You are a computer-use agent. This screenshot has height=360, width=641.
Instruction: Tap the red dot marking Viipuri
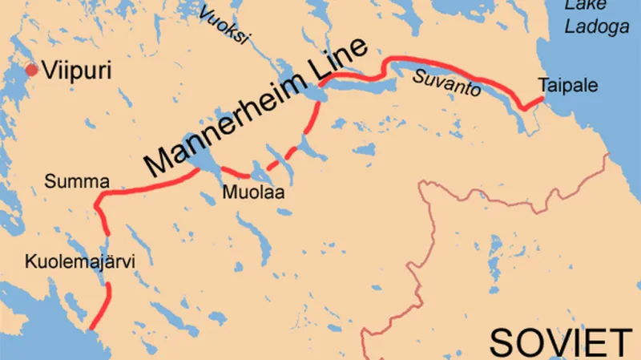pyautogui.click(x=31, y=70)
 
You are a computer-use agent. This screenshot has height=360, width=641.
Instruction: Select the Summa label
pyautogui.click(x=76, y=182)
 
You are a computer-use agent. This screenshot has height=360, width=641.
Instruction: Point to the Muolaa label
pyautogui.click(x=254, y=193)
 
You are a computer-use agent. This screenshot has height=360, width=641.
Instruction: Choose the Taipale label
pyautogui.click(x=568, y=85)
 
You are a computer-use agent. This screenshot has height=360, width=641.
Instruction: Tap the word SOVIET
pyautogui.click(x=561, y=342)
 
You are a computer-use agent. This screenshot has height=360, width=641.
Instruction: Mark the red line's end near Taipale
pyautogui.click(x=544, y=97)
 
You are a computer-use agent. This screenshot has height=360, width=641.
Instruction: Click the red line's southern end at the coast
pyautogui.click(x=92, y=326)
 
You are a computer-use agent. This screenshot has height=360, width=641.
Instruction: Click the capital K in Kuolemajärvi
pyautogui.click(x=30, y=262)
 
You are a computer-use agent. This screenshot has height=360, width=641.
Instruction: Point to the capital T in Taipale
pyautogui.click(x=543, y=85)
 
